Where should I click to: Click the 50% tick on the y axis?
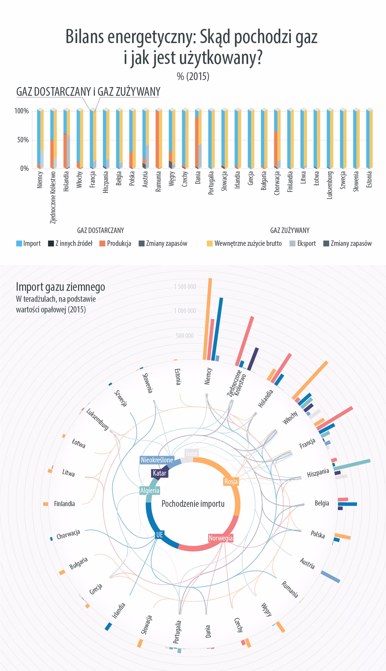click(22, 140)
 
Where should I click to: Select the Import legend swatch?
click(19, 244)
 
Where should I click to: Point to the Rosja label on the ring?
click(231, 482)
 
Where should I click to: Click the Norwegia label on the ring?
click(221, 538)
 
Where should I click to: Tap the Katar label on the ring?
click(160, 474)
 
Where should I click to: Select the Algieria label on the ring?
click(150, 491)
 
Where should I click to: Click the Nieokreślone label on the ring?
click(157, 460)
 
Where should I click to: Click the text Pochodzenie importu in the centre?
click(193, 504)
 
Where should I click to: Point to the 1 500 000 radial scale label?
click(185, 287)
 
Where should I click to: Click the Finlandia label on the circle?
click(64, 504)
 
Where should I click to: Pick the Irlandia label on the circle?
click(118, 611)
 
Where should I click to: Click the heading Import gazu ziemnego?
click(60, 287)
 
